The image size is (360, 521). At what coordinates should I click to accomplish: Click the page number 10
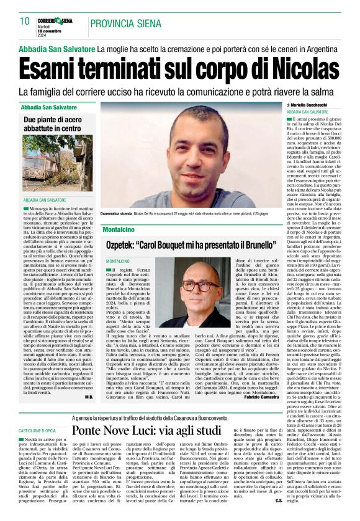click(x=25, y=21)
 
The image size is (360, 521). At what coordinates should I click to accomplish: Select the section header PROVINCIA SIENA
click(x=122, y=24)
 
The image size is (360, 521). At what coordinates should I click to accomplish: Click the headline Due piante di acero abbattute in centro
click(x=52, y=123)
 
